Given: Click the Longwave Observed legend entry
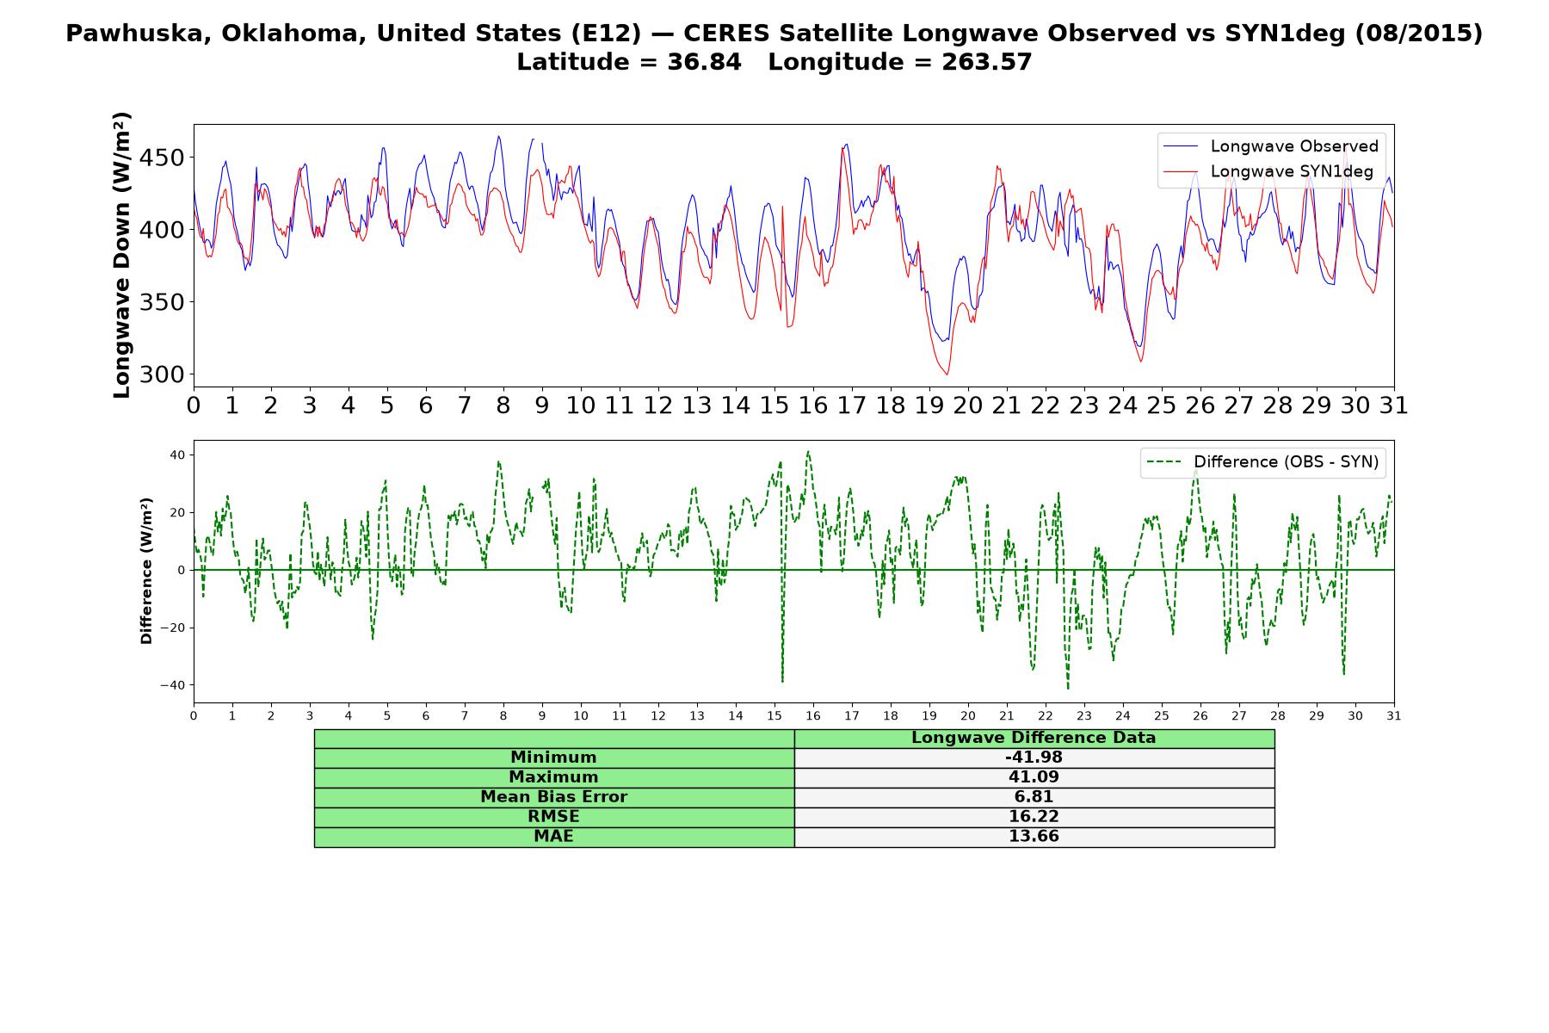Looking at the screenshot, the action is [x=1270, y=146].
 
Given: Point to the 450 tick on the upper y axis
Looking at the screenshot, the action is [x=164, y=158].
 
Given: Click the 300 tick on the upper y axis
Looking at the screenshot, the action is [x=164, y=374].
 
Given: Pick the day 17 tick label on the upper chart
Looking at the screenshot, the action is [x=852, y=405].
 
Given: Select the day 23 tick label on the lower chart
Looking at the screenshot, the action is [x=1084, y=715].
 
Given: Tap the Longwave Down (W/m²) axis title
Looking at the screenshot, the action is [x=121, y=255].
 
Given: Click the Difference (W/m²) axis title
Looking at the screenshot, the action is [x=146, y=571].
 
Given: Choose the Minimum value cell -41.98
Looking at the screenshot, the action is [x=1034, y=758].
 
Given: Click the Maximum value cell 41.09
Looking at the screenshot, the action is [x=1034, y=777].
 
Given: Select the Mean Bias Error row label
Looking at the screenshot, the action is [x=553, y=797].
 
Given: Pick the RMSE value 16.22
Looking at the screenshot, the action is [x=1034, y=817].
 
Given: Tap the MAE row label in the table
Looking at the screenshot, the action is [x=553, y=837].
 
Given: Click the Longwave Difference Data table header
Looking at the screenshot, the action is [x=1034, y=738].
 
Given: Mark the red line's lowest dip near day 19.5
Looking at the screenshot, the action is [x=947, y=374].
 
